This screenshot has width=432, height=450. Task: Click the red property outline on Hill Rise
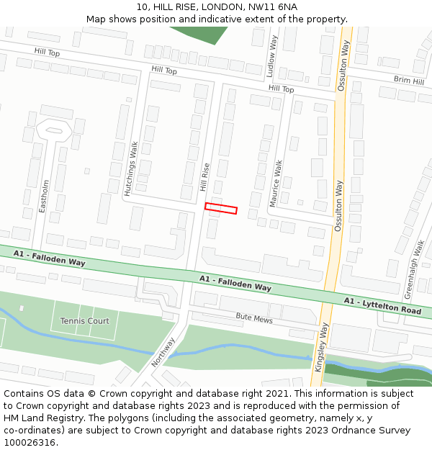221,209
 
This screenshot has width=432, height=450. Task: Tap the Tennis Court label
84,320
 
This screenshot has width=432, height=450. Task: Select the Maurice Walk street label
276,184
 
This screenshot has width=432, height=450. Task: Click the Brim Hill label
408,81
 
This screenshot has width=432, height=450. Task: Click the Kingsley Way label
320,346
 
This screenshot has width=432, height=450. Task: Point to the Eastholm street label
44,196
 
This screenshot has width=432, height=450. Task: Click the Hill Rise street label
205,177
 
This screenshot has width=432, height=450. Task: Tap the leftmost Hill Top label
48,52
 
